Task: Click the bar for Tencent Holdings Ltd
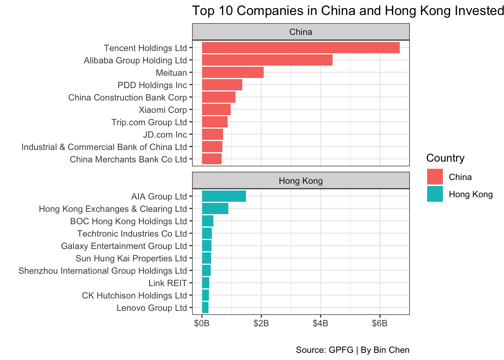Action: (301, 48)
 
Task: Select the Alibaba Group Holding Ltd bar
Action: (267, 60)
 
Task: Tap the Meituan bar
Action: (232, 73)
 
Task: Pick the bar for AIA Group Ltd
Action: (224, 196)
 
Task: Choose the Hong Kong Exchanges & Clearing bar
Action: (215, 209)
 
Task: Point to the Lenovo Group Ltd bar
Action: (205, 308)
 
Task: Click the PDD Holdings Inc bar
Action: (222, 85)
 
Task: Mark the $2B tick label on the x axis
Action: (261, 324)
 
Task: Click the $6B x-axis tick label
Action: (379, 324)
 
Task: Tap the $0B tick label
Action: (202, 324)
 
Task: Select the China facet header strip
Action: (301, 32)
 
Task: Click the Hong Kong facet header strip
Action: (301, 181)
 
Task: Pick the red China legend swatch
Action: (435, 177)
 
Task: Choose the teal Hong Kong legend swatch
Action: (435, 194)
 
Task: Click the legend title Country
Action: (445, 158)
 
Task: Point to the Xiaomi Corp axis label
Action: (163, 110)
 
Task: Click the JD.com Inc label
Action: (165, 135)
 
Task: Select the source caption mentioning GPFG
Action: (352, 350)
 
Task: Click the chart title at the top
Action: (347, 11)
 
